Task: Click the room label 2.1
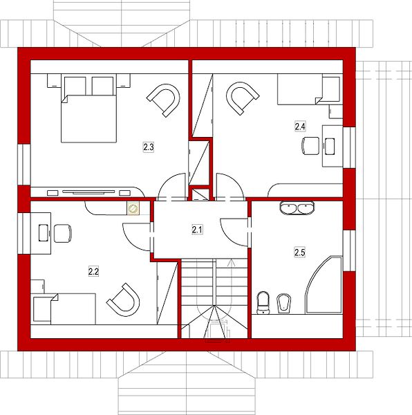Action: pyautogui.click(x=197, y=230)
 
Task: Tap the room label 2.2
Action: pyautogui.click(x=93, y=271)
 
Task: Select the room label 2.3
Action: pyautogui.click(x=149, y=147)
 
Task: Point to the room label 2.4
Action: pyautogui.click(x=300, y=127)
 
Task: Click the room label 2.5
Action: pyautogui.click(x=299, y=252)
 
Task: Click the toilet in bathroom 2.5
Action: pyautogui.click(x=263, y=302)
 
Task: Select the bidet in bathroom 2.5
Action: pyautogui.click(x=283, y=303)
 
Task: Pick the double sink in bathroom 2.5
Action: pyautogui.click(x=297, y=207)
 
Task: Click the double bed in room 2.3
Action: pyautogui.click(x=89, y=109)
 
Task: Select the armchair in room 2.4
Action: pyautogui.click(x=242, y=98)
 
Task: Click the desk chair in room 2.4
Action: pyautogui.click(x=310, y=145)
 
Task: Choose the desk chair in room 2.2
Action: pyautogui.click(x=63, y=233)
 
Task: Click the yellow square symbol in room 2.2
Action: pyautogui.click(x=133, y=208)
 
